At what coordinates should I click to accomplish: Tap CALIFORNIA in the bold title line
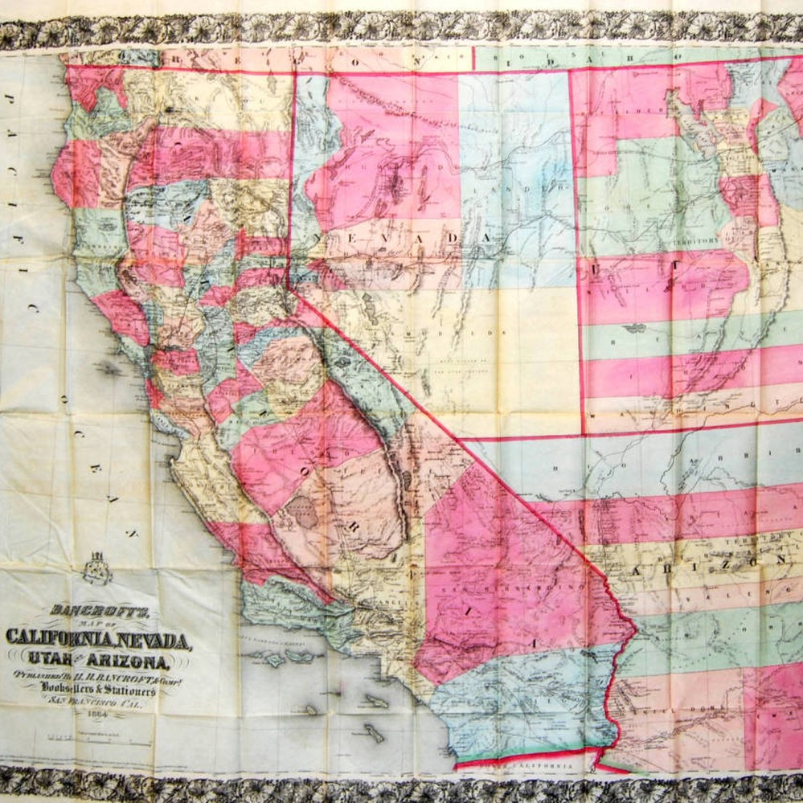pos(60,640)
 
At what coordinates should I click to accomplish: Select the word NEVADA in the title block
pos(154,641)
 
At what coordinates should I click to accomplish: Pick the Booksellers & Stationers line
pos(100,691)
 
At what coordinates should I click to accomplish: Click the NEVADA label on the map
pos(394,239)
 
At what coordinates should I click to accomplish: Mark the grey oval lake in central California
pos(304,511)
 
